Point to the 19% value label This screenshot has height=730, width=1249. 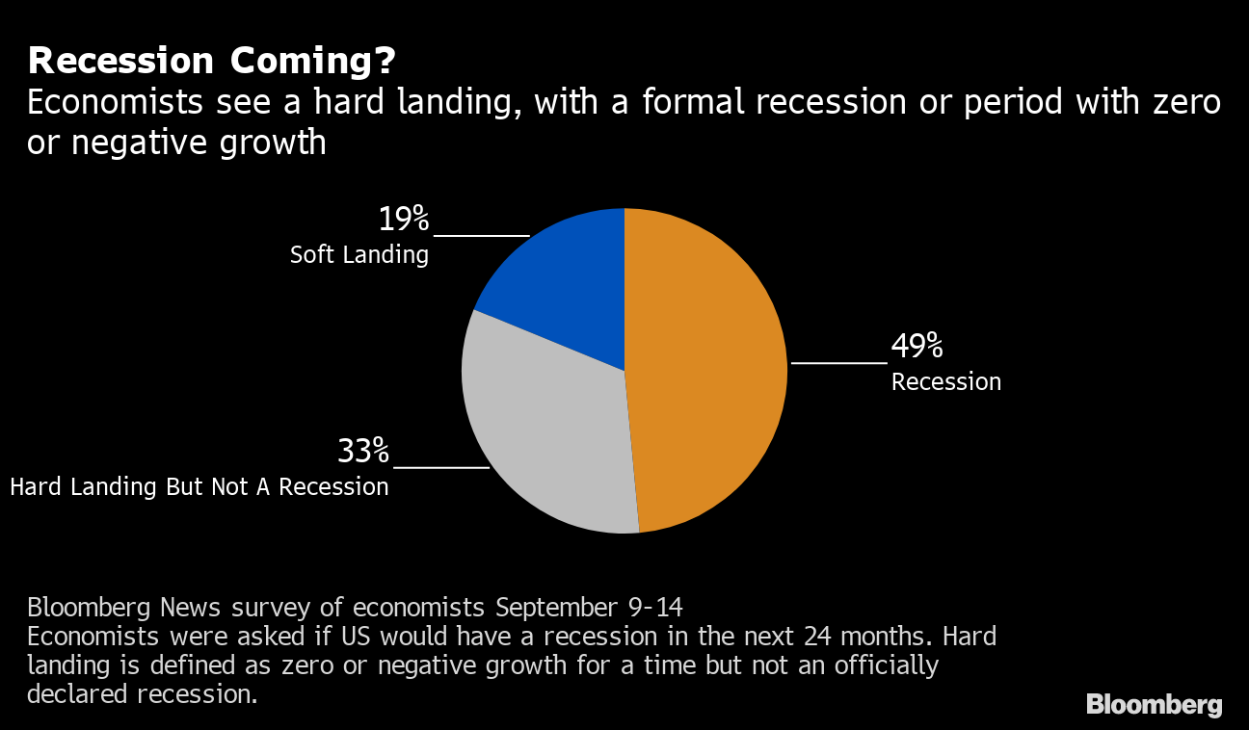click(403, 220)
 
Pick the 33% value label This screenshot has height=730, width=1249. click(363, 451)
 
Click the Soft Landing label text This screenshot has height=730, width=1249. click(359, 255)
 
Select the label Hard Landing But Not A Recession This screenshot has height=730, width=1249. click(199, 486)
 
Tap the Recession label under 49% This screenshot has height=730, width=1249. click(946, 382)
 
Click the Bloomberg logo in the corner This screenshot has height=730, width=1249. click(1154, 705)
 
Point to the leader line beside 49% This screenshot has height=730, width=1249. click(838, 363)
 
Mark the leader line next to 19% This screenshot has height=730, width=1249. click(482, 235)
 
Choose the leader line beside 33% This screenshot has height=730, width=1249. click(441, 467)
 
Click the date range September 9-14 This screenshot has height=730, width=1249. click(589, 608)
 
